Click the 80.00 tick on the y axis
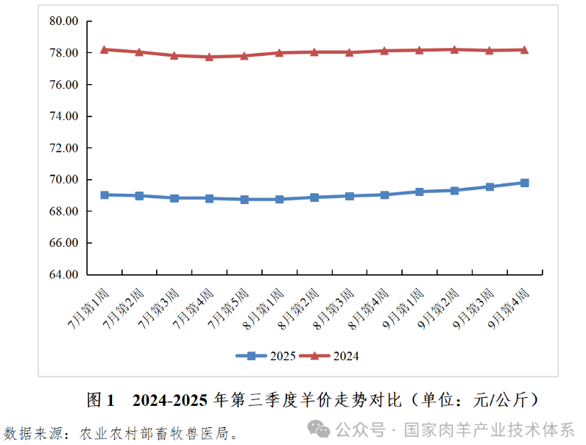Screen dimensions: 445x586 63,21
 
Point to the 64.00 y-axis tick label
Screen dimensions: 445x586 63,275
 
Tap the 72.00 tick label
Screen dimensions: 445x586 63,148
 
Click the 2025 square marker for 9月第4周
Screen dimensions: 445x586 525,183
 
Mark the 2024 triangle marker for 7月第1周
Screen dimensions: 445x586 105,49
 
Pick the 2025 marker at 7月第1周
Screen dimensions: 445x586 105,195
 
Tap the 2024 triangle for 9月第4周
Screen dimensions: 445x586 525,49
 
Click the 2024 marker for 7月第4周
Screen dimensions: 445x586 210,57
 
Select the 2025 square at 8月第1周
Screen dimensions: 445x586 280,199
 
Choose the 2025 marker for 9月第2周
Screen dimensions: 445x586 455,190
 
